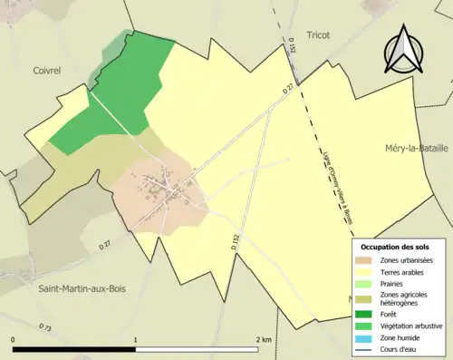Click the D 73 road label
[x=44, y=326]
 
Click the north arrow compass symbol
[x=403, y=49]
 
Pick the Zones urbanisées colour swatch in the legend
[x=367, y=259]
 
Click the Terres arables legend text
[x=405, y=271]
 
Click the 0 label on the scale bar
[x=13, y=340]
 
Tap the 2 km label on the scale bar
[x=264, y=340]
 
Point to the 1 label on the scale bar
[x=136, y=340]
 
